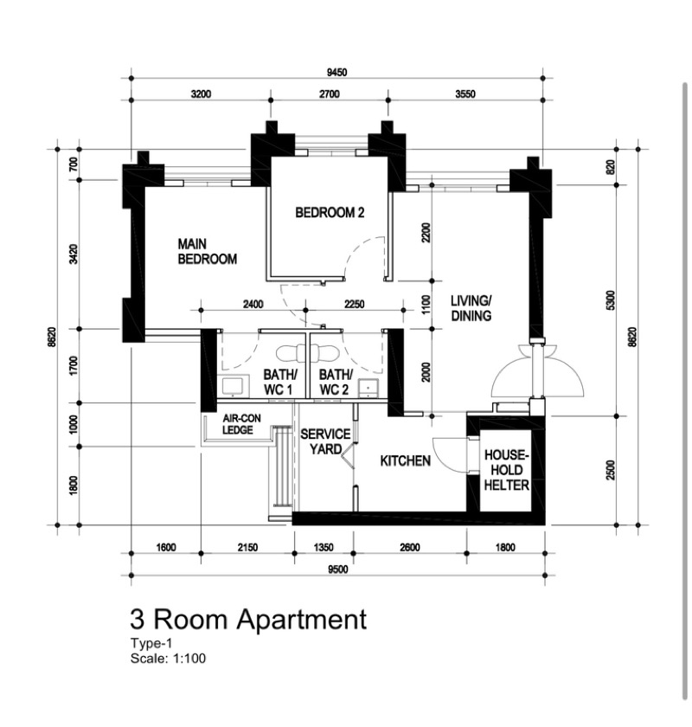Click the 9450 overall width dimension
337,73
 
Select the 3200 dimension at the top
201,94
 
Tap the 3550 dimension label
465,94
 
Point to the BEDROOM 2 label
330,213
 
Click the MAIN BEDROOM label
208,251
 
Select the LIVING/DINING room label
471,308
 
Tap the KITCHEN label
405,460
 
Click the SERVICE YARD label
325,441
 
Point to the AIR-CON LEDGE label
241,424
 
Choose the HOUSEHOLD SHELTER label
506,470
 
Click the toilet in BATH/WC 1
292,354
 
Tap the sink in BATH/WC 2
368,389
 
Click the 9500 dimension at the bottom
338,569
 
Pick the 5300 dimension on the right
610,300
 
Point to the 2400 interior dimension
253,304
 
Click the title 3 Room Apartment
248,620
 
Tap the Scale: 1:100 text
168,659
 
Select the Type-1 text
151,644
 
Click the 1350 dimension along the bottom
324,548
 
